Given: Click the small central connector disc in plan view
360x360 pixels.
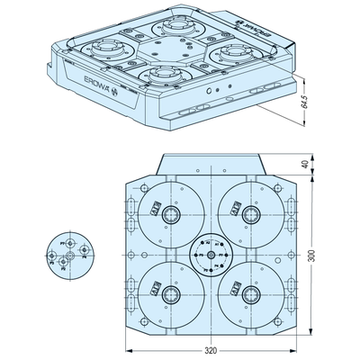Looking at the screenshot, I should point(209,254).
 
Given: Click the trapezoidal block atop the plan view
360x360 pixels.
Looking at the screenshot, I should point(209,166).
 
